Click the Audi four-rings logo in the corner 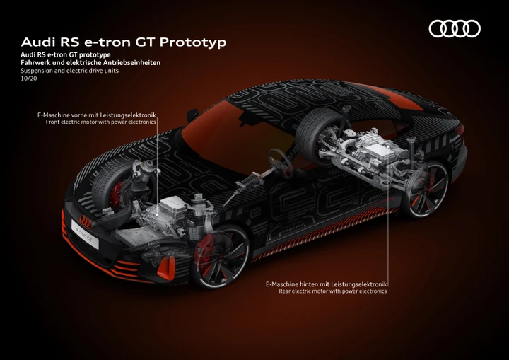point(455,28)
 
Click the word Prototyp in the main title point(193,42)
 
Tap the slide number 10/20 point(29,79)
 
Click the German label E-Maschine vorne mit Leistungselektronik point(97,115)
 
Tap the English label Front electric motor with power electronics point(100,122)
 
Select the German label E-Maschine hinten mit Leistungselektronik point(327,284)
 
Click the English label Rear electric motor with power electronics point(333,291)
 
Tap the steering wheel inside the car point(280,163)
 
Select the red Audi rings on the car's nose point(86,222)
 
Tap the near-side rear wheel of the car point(426,189)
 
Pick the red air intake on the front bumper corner point(166,268)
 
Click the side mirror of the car point(192,115)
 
